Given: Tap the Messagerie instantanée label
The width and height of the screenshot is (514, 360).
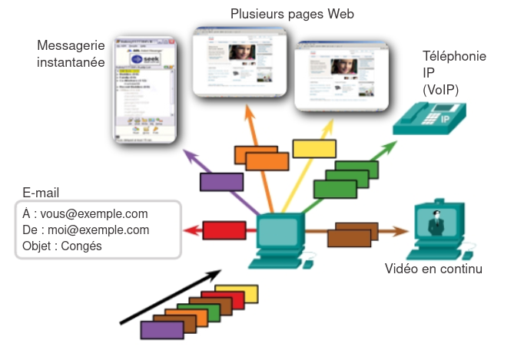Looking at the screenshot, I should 71,54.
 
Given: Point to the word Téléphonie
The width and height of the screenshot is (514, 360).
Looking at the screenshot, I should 455,57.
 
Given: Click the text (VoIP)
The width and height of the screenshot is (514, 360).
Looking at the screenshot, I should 440,90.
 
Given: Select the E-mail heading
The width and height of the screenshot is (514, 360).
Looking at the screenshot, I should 41,193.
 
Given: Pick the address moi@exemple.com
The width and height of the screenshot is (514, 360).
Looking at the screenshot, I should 96,230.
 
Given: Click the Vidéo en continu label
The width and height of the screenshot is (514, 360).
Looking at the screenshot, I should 433,269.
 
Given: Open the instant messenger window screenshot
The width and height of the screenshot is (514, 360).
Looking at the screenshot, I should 144,91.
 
